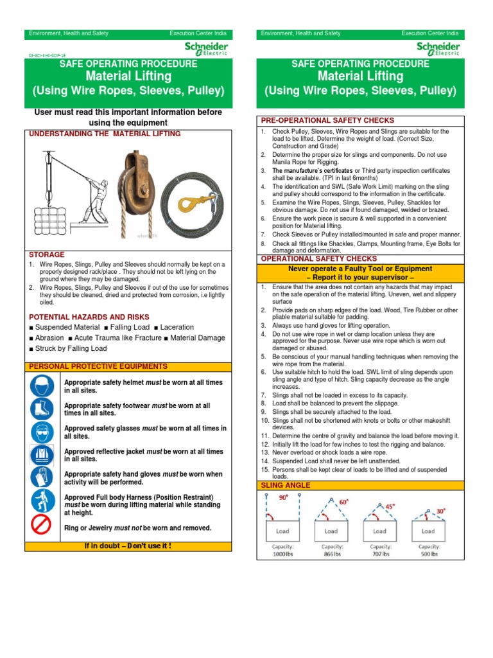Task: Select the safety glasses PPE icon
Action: [x=43, y=432]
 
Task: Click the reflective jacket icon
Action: [x=43, y=455]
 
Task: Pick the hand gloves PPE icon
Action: [x=43, y=477]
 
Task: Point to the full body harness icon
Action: [x=43, y=502]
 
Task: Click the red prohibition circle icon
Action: [x=43, y=527]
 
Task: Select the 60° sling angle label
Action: [x=343, y=502]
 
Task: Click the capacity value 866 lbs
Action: [x=331, y=553]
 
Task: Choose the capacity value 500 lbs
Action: [x=428, y=553]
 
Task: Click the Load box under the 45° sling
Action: [x=379, y=531]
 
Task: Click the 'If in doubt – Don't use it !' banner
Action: [x=128, y=546]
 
